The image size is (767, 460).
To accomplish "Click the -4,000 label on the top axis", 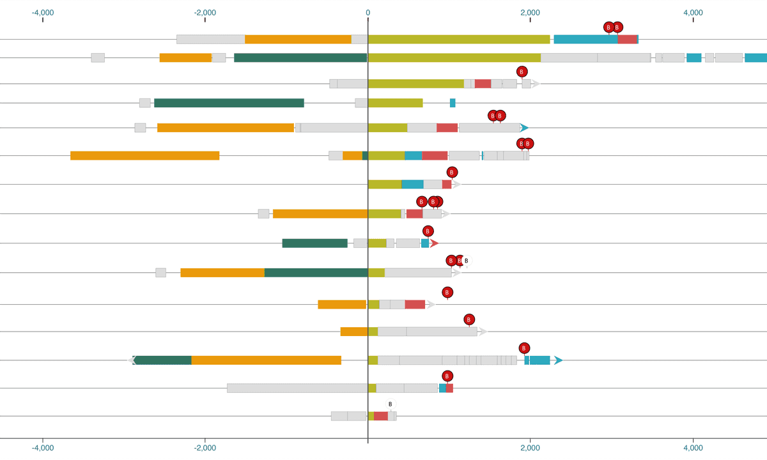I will click(x=43, y=12).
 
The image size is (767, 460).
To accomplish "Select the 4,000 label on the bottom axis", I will click(x=693, y=448).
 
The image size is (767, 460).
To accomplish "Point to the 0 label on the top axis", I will click(x=368, y=12).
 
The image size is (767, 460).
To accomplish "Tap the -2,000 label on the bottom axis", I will click(x=205, y=448).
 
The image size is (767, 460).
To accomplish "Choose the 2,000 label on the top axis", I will click(x=530, y=12).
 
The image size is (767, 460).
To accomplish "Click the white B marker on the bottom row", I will click(x=391, y=404).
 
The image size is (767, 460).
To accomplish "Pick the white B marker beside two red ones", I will click(x=466, y=261).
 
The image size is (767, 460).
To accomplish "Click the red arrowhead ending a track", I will click(x=434, y=243).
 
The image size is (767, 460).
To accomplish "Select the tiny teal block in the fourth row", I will click(x=453, y=103).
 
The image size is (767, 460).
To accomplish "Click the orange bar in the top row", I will click(x=298, y=40).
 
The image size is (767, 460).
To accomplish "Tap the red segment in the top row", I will click(x=627, y=40).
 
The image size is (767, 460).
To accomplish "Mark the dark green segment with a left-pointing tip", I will click(x=162, y=360).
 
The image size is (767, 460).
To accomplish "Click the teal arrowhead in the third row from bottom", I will click(x=558, y=360).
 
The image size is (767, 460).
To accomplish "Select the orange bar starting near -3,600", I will click(x=144, y=156).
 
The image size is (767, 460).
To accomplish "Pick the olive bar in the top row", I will click(x=459, y=40).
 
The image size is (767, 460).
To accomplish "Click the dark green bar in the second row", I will click(x=300, y=58).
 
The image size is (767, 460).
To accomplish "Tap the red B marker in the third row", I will click(x=522, y=72).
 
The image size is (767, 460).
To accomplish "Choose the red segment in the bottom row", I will click(x=381, y=416).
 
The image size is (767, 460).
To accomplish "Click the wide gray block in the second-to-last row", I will click(x=297, y=388).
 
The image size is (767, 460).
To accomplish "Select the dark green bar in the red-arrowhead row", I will click(x=314, y=243).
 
